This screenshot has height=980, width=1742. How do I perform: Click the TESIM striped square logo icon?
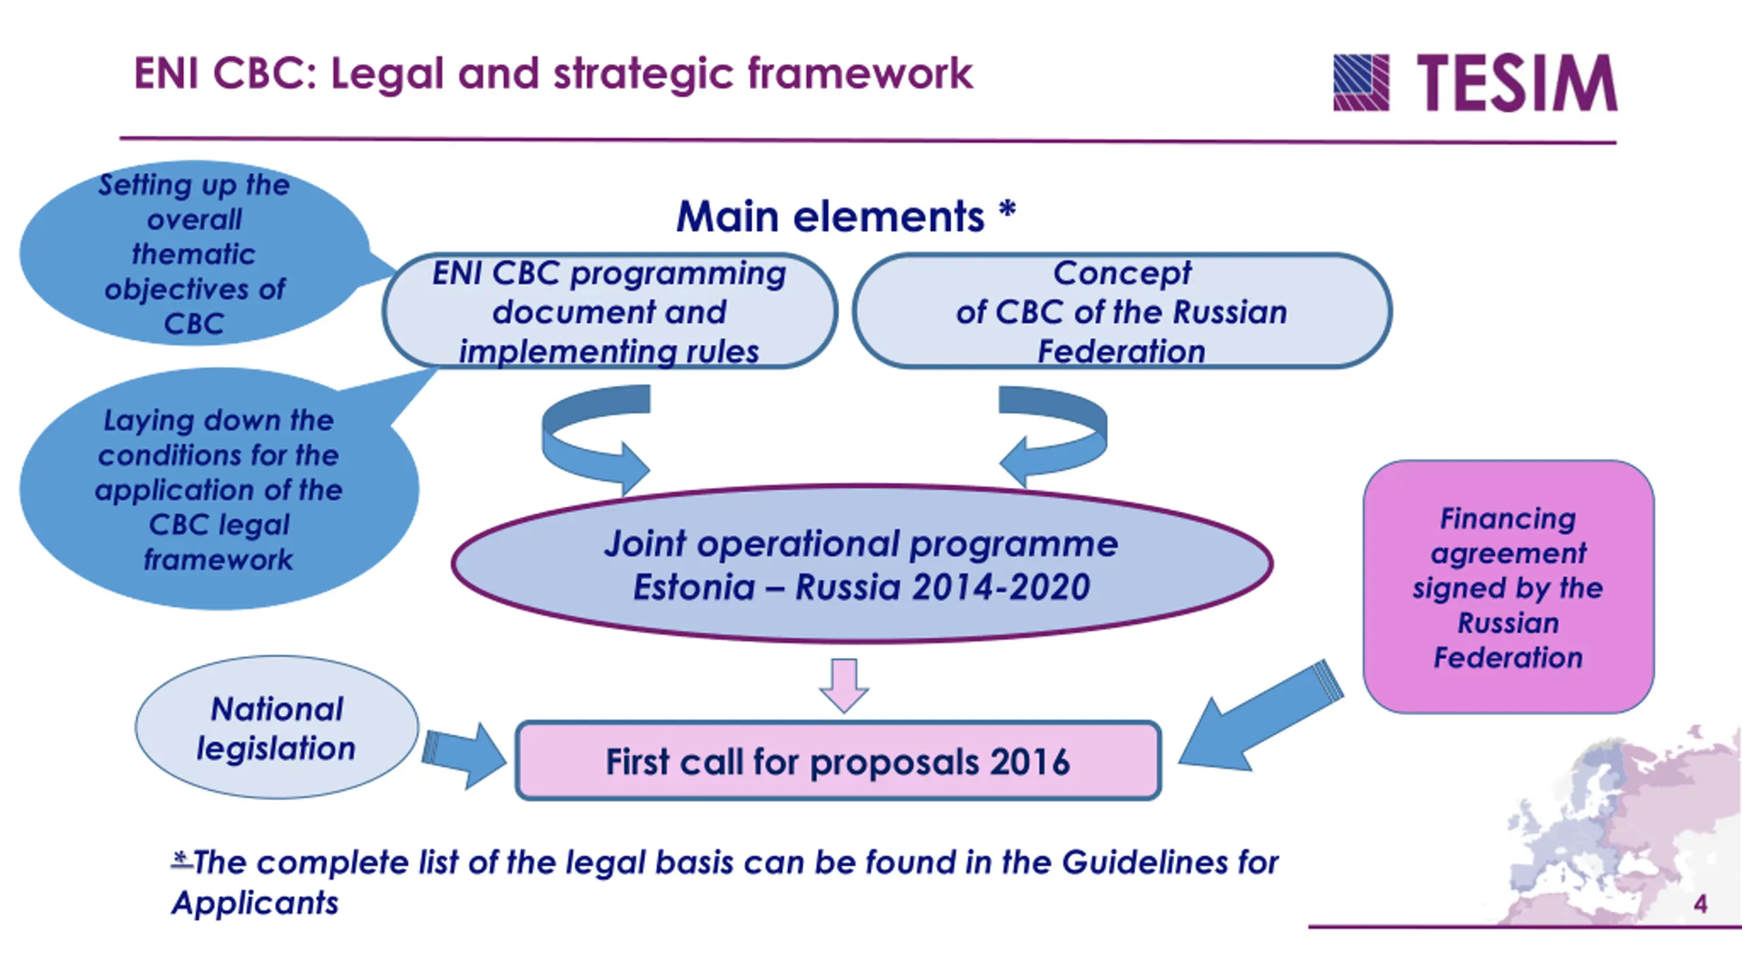[1361, 82]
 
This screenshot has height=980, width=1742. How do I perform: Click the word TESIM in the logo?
[1517, 84]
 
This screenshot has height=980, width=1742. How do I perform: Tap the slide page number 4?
[1700, 904]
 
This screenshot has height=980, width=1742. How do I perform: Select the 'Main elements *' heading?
[846, 216]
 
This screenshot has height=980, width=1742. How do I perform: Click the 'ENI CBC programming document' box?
[609, 312]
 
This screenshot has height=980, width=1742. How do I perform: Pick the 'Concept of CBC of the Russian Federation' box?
[1121, 312]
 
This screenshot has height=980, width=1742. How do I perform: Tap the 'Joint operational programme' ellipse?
[861, 565]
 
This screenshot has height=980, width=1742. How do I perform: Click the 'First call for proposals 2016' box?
[838, 761]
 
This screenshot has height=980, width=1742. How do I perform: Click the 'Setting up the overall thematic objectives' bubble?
[195, 253]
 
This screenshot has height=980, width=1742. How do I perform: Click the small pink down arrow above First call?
[844, 685]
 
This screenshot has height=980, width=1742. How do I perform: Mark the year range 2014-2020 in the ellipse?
[1001, 587]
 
